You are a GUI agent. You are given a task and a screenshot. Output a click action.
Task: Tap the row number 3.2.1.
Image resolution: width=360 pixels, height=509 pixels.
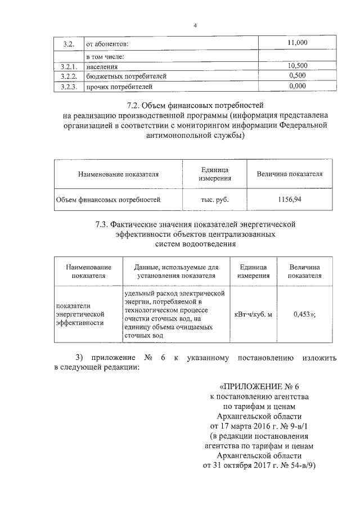coord(68,66)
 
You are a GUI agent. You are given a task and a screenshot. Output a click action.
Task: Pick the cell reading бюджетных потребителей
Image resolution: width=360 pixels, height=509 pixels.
coord(125,76)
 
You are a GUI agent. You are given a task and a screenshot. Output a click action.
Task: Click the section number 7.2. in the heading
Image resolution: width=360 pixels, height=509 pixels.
coord(134,105)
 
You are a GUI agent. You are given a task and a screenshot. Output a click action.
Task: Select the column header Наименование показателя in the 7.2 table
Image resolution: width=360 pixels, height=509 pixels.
coord(118,174)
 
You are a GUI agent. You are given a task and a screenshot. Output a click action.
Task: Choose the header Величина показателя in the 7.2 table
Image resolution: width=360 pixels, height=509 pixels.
coord(289,174)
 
